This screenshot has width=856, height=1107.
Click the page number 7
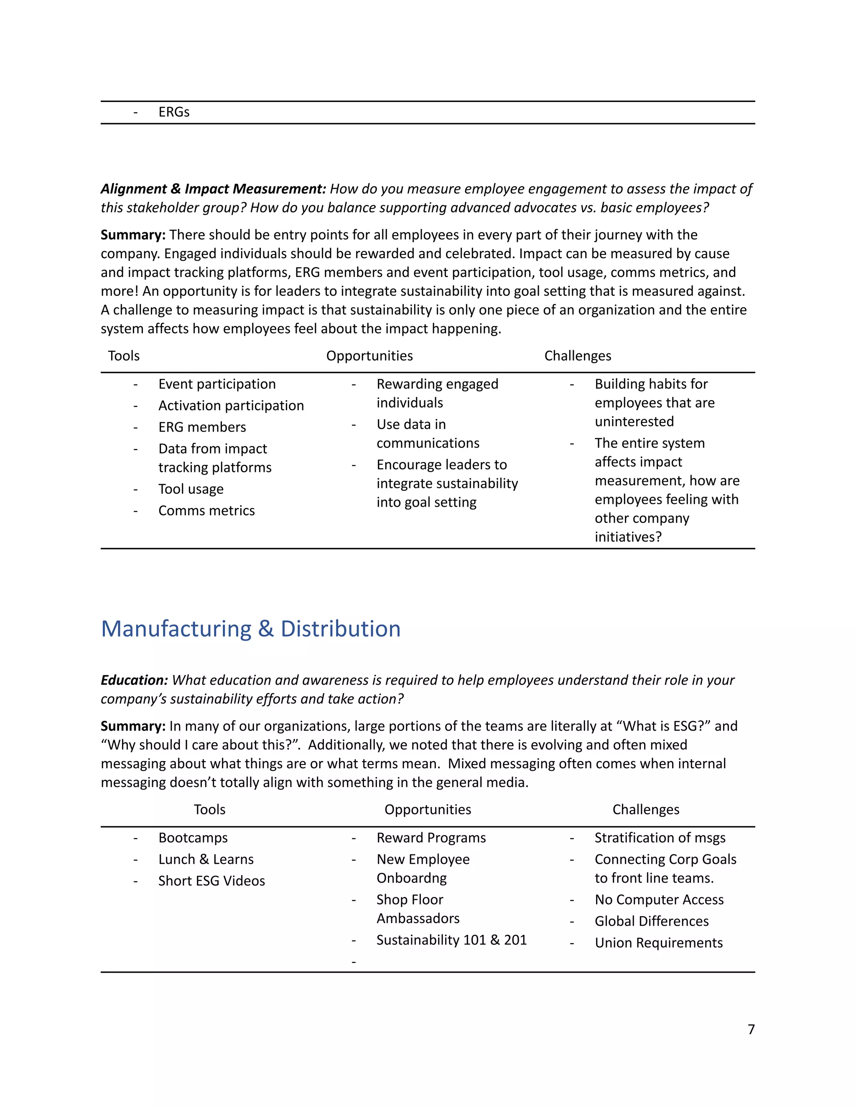pyautogui.click(x=751, y=1029)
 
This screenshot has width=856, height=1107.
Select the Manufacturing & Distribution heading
pyautogui.click(x=250, y=629)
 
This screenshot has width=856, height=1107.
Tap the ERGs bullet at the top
pyautogui.click(x=173, y=112)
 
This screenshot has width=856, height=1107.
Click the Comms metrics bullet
pyautogui.click(x=206, y=510)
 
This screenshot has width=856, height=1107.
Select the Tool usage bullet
pyautogui.click(x=191, y=489)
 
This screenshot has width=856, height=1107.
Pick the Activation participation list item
pyautogui.click(x=231, y=406)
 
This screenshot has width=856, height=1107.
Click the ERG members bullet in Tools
pyautogui.click(x=202, y=427)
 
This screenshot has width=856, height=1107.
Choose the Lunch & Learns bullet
pyautogui.click(x=206, y=859)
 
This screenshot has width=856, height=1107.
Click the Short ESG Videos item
pyautogui.click(x=211, y=881)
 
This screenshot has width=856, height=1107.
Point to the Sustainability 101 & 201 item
pyautogui.click(x=451, y=940)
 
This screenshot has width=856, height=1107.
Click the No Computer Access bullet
pyautogui.click(x=659, y=899)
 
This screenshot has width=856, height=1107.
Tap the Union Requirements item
pyautogui.click(x=658, y=942)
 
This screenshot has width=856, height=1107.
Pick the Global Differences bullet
pyautogui.click(x=652, y=921)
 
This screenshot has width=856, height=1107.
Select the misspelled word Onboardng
pyautogui.click(x=411, y=878)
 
